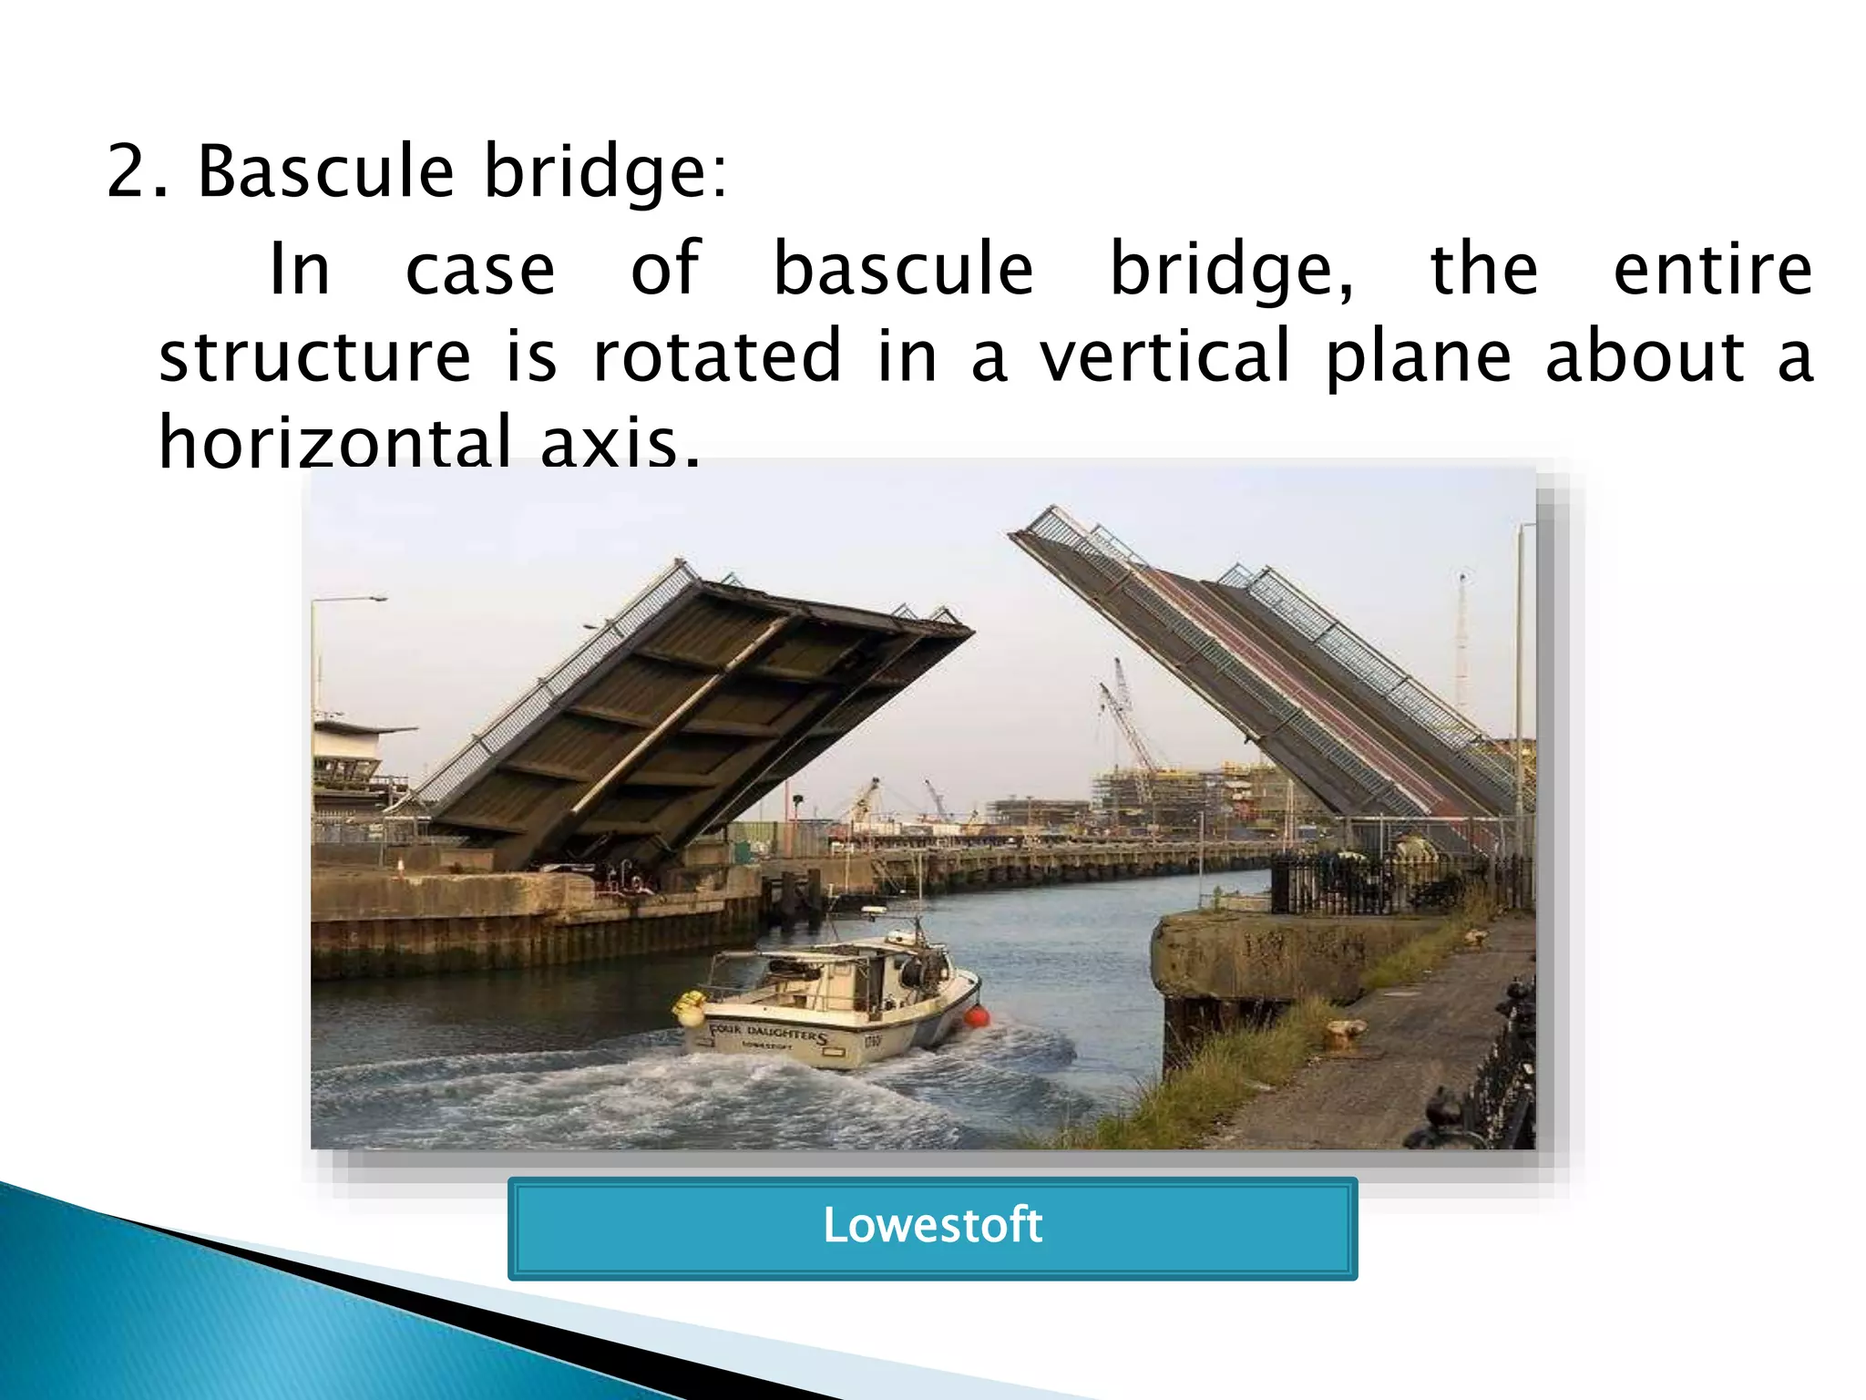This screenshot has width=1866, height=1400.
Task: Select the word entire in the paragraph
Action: pyautogui.click(x=1712, y=270)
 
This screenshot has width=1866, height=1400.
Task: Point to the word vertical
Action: pyautogui.click(x=1165, y=355)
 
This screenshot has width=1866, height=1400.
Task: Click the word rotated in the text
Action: pyautogui.click(x=717, y=355)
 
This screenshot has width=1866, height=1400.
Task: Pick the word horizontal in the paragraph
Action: pyautogui.click(x=334, y=442)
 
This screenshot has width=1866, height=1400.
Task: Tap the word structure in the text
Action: pyautogui.click(x=315, y=355)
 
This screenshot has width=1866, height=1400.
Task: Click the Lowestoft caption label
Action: pyautogui.click(x=932, y=1227)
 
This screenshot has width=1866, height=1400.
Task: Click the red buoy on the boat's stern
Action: pyautogui.click(x=977, y=1016)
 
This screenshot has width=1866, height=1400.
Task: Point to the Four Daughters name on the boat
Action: pyautogui.click(x=768, y=1034)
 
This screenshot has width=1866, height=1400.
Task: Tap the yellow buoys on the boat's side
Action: pyautogui.click(x=690, y=1006)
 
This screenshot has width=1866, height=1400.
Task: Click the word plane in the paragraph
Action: pyautogui.click(x=1418, y=355)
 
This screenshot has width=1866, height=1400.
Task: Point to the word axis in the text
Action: pyautogui.click(x=620, y=442)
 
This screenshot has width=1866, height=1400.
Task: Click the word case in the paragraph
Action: pyautogui.click(x=480, y=270)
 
